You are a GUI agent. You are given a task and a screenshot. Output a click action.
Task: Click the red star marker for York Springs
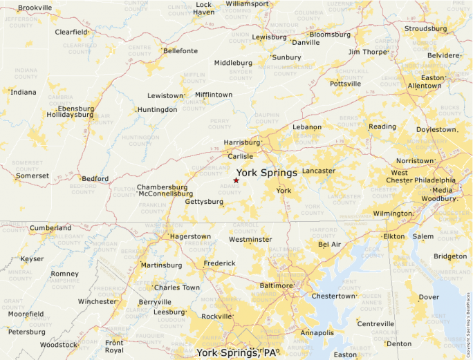tap(236, 180)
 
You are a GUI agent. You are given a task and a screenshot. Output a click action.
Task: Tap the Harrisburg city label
tap(241, 143)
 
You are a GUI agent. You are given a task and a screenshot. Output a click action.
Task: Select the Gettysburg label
tap(204, 202)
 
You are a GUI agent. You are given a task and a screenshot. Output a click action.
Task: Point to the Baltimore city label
tap(276, 285)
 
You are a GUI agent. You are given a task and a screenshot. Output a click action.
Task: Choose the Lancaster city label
tap(318, 171)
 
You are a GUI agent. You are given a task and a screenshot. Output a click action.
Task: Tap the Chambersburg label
tap(162, 187)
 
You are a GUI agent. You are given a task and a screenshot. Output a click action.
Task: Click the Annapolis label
tap(317, 332)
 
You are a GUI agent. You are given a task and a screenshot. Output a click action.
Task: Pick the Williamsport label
tap(247, 4)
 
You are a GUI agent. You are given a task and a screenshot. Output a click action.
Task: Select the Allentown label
tap(425, 86)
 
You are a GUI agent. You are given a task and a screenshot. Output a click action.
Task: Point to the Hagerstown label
tap(190, 236)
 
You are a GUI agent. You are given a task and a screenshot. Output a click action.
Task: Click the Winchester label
tap(97, 301)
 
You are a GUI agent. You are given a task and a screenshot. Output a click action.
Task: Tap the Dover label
tap(429, 297)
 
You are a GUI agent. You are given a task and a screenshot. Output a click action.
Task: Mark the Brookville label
tap(35, 8)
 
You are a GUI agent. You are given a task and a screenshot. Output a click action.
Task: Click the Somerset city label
tap(33, 176)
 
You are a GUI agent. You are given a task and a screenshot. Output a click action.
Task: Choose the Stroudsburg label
tap(426, 29)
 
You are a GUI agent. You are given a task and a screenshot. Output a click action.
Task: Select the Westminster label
tap(250, 240)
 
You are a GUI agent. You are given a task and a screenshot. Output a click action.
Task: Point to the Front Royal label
tap(114, 346)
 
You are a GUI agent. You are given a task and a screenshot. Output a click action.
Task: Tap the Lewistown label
tap(165, 95)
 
